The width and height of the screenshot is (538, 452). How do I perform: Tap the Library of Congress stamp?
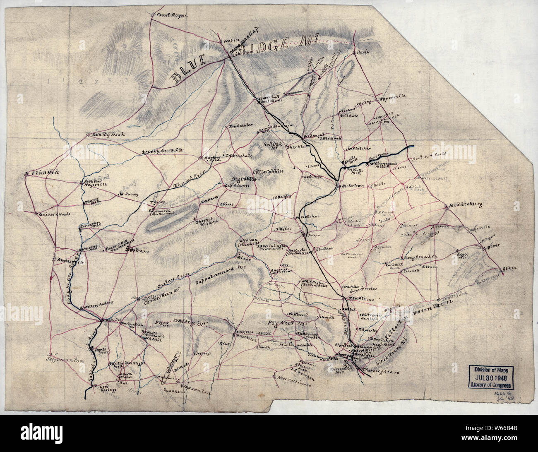[x=492, y=377]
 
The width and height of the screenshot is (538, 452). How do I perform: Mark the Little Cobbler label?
[x=269, y=172]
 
